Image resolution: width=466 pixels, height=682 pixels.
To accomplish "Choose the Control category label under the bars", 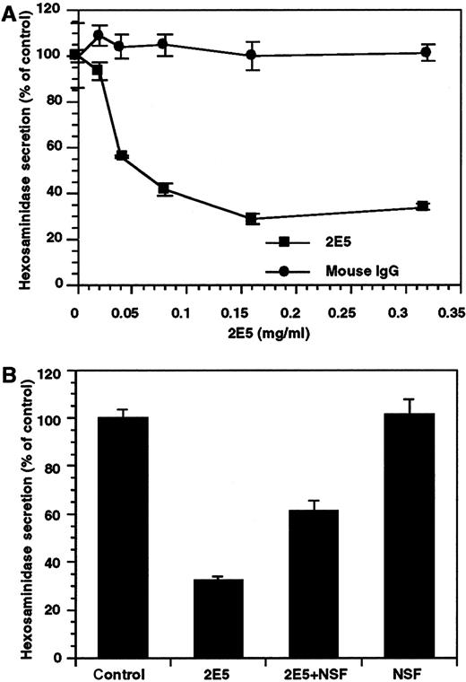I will pyautogui.click(x=123, y=671).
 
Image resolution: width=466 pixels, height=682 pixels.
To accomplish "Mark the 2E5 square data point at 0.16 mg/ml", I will pyautogui.click(x=252, y=218).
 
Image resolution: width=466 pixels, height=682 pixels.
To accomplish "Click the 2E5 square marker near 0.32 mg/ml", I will pyautogui.click(x=423, y=206).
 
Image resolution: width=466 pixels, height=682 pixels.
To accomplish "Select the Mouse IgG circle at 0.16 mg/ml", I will pyautogui.click(x=252, y=55).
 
